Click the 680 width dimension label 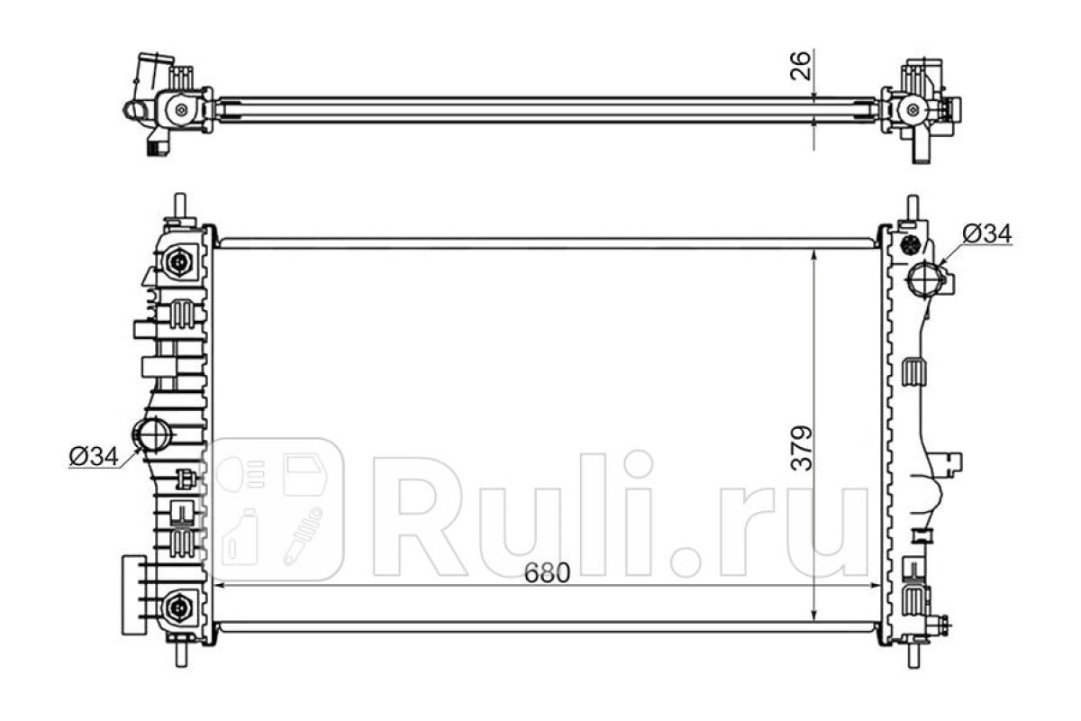(548, 572)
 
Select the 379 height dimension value (802, 448)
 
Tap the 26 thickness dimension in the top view (800, 65)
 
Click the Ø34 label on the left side (94, 456)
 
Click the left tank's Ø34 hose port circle (152, 434)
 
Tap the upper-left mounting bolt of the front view (179, 261)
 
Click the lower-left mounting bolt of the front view (178, 607)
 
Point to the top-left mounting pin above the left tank (180, 205)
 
